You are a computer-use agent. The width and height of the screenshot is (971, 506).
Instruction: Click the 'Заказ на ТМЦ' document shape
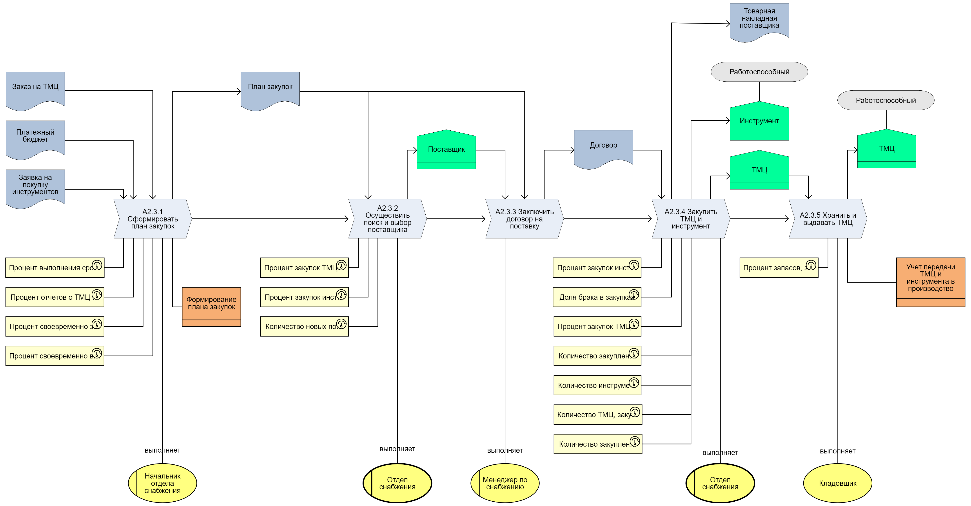point(35,89)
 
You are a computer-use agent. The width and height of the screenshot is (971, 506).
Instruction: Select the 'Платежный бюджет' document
point(35,137)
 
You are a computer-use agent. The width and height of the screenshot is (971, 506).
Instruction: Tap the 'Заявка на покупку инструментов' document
point(35,186)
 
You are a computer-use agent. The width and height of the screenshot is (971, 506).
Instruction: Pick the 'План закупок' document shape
point(270,89)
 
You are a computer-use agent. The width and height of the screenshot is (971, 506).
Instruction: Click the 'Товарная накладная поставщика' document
point(759,20)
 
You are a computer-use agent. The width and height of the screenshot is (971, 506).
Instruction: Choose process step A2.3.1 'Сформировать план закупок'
point(153,219)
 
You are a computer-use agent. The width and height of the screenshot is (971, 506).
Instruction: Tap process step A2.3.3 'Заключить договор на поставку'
point(524,219)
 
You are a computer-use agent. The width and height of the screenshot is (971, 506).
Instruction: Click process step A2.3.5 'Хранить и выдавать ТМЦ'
point(828,219)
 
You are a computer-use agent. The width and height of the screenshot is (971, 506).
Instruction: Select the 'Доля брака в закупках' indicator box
point(594,297)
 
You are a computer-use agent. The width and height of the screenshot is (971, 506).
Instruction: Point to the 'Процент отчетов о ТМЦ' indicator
point(51,297)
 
